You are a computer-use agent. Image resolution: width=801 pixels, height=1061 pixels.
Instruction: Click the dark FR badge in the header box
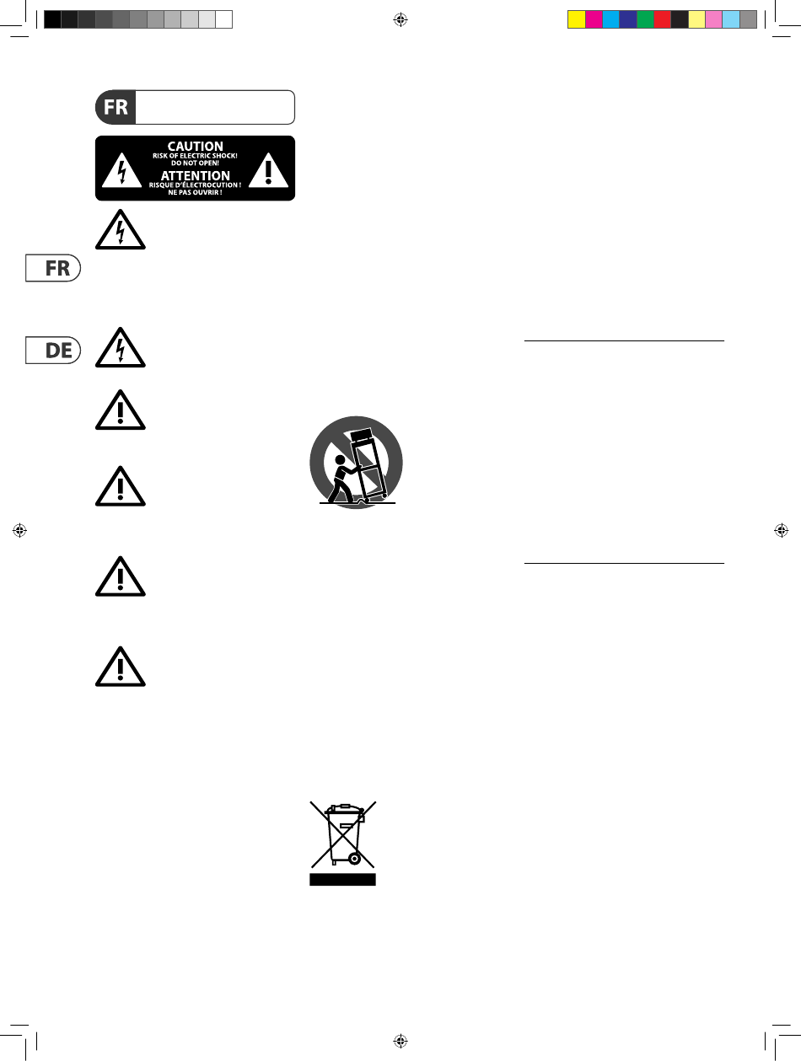(116, 108)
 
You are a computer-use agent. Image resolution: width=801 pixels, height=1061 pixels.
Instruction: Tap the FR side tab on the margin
(51, 269)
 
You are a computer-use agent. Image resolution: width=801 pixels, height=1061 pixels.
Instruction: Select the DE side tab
(51, 350)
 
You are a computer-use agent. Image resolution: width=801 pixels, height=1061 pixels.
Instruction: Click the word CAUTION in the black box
(195, 146)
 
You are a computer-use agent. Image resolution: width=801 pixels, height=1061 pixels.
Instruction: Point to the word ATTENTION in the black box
(195, 175)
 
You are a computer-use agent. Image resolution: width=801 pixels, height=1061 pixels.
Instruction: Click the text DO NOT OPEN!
(195, 163)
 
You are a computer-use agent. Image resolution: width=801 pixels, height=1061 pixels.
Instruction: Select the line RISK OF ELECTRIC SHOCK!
(195, 156)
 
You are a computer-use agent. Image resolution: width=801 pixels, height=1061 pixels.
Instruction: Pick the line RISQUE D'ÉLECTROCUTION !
(195, 185)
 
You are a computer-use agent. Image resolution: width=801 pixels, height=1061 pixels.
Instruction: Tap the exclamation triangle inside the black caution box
(267, 170)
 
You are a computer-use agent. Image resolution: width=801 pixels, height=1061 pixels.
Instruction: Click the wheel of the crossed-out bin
(354, 859)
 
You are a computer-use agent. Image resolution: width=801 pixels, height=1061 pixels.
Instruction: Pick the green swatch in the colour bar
(645, 19)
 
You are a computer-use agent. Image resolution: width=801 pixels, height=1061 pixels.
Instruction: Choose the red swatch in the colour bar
(662, 19)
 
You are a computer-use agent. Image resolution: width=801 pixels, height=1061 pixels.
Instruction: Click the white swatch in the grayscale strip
(223, 19)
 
